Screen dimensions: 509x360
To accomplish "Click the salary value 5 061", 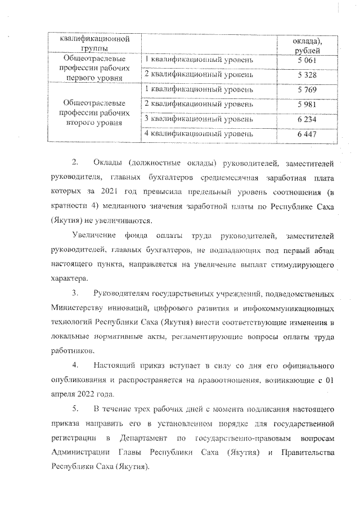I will click(307, 60).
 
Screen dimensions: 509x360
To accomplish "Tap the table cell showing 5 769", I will click(307, 89).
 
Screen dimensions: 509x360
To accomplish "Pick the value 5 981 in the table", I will click(307, 105).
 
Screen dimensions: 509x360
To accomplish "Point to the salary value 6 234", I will click(307, 120).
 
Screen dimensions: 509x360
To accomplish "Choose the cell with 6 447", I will click(307, 135).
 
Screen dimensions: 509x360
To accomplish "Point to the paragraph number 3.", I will click(75, 294).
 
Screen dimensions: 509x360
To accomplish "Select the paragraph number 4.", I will click(75, 366).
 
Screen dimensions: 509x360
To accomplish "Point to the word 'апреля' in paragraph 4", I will click(63, 394).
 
